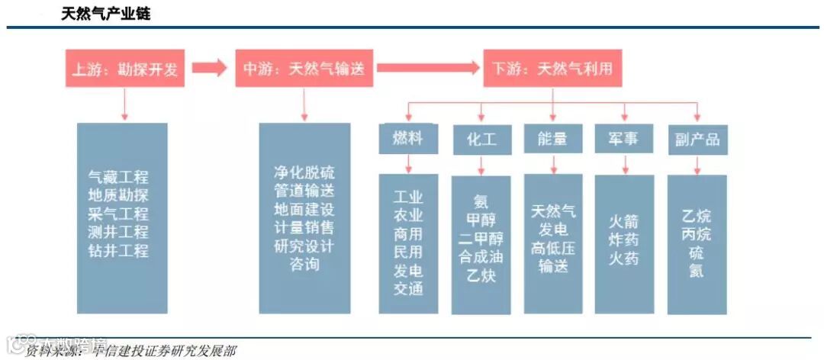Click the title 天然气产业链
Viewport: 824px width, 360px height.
point(106,14)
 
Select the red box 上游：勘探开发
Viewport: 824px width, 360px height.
point(124,69)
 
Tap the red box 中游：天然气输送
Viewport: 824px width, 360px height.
point(304,69)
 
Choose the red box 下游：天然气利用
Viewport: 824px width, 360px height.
point(552,69)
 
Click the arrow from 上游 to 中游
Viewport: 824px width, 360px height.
point(209,69)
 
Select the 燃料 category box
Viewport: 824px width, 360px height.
point(407,139)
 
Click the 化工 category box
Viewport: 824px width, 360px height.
point(481,140)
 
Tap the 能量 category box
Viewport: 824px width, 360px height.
point(552,140)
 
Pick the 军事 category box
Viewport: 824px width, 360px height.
point(624,140)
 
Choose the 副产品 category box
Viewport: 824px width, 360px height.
point(697,140)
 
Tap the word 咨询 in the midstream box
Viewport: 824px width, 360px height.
point(304,264)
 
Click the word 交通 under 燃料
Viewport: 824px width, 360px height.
point(407,288)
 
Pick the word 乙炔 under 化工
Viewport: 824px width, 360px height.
point(481,275)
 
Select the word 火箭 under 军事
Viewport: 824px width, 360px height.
point(624,223)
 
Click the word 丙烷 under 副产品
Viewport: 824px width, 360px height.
point(697,234)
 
